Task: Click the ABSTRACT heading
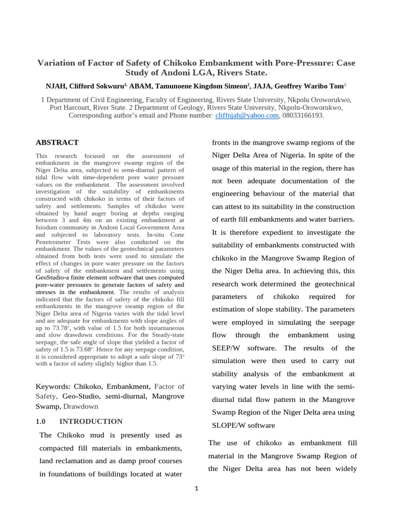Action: [x=57, y=142]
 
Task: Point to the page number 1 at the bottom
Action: [x=196, y=488]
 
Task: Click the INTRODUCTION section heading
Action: [x=91, y=421]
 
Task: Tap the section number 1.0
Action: [x=41, y=421]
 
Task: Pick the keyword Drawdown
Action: [x=81, y=406]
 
